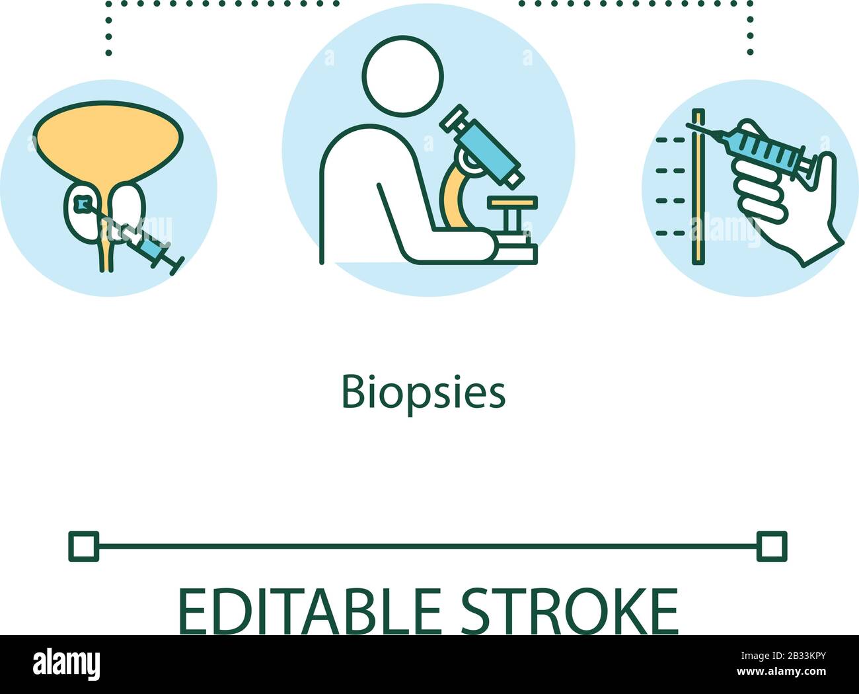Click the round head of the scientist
403,76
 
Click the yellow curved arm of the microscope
453,198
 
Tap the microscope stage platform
511,202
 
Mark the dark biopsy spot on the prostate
82,204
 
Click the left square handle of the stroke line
83,546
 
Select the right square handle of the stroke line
772,546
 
